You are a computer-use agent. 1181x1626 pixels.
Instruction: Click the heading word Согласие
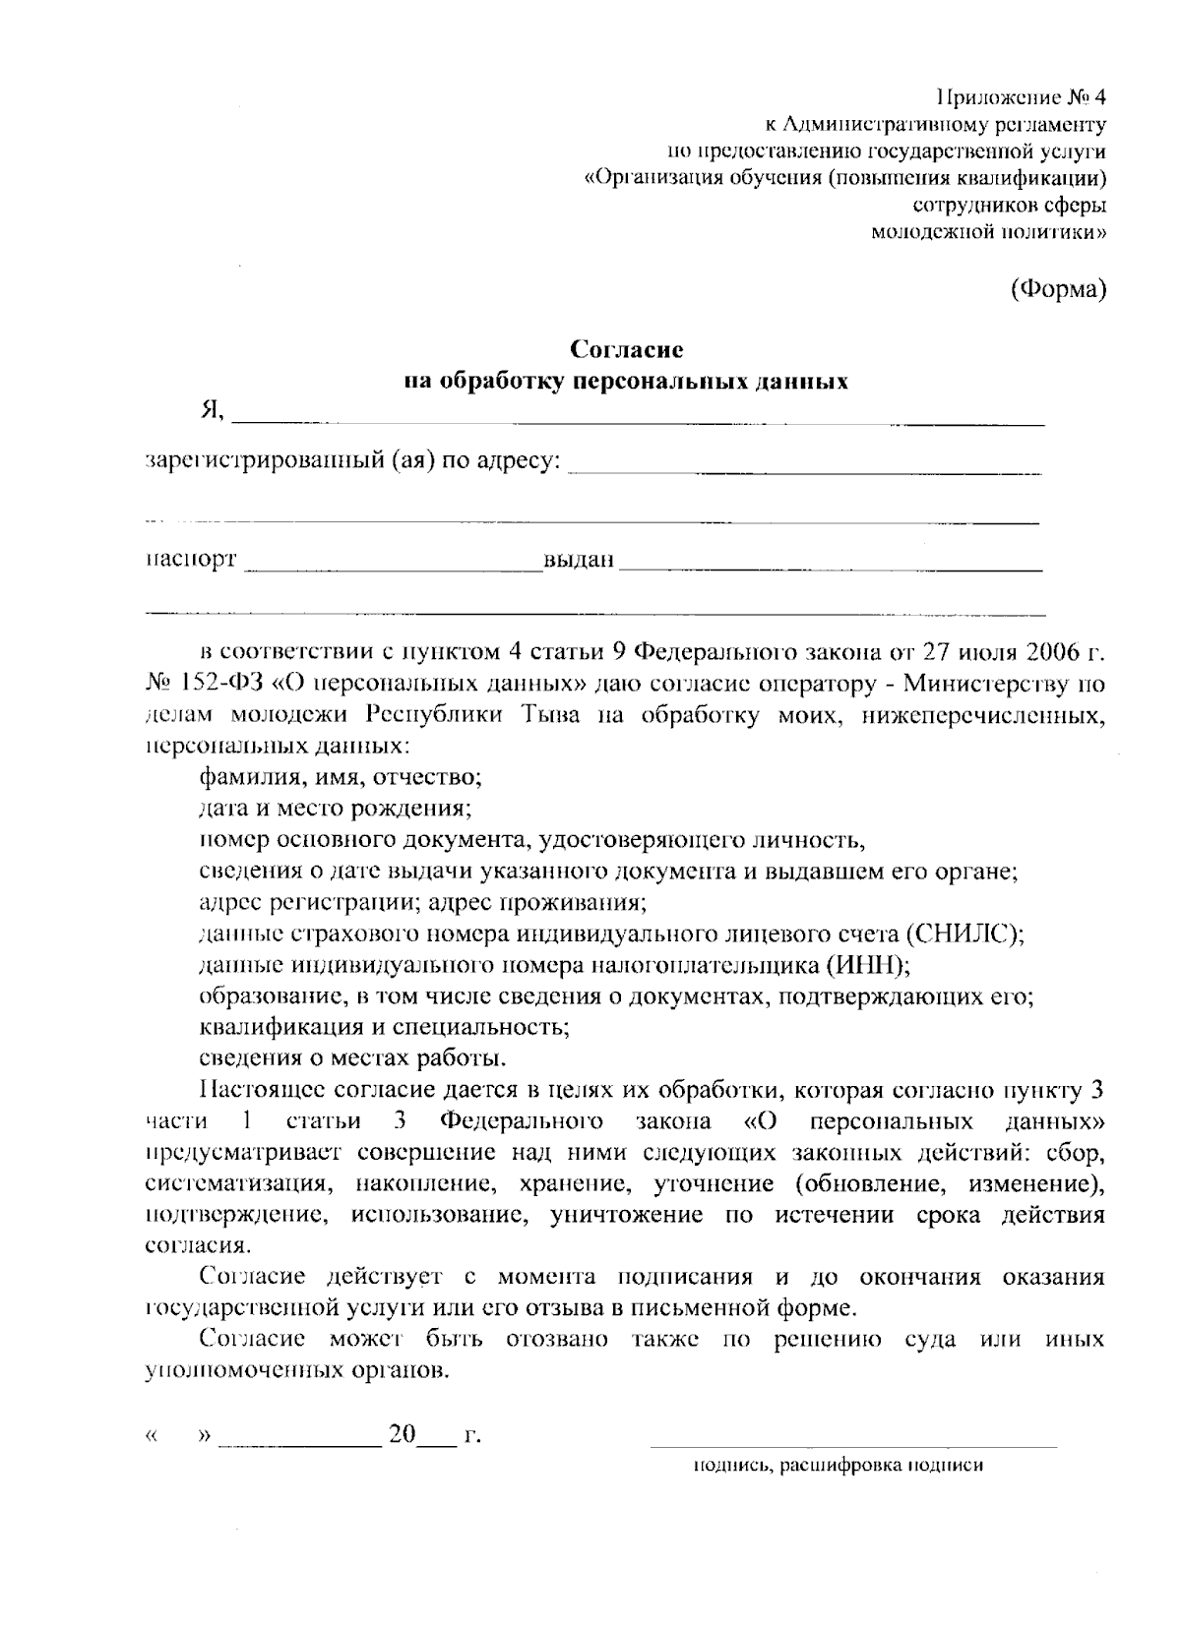point(628,349)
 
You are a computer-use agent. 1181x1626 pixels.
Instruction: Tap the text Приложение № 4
point(1021,97)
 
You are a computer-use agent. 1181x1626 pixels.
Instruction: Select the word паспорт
point(191,560)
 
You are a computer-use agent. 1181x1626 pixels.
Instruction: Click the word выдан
point(579,561)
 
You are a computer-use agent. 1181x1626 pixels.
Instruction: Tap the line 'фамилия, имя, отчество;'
point(340,777)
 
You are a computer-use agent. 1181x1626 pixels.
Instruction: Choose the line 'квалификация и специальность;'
point(384,1027)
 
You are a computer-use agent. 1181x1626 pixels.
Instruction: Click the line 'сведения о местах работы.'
point(353,1058)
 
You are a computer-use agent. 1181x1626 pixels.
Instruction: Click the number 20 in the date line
point(403,1434)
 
